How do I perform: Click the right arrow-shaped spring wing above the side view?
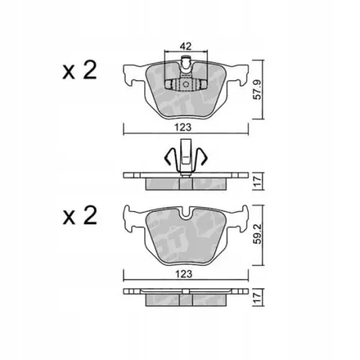point(202,156)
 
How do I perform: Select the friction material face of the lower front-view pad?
point(186,238)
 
